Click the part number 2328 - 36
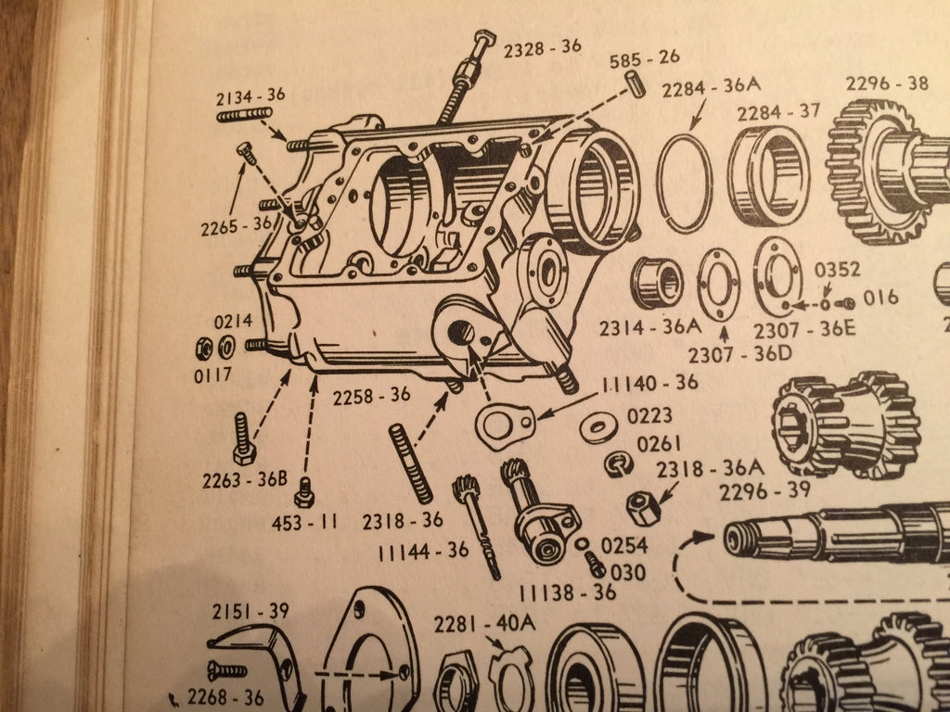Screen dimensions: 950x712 click(542, 48)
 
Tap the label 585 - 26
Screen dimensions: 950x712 click(645, 58)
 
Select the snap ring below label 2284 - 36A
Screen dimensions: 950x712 click(684, 183)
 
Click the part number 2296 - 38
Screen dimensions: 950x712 click(887, 83)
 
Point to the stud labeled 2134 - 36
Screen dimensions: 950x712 click(244, 114)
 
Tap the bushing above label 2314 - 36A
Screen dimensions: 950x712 click(657, 283)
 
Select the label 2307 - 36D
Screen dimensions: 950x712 click(739, 353)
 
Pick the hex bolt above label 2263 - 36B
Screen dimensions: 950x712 click(244, 439)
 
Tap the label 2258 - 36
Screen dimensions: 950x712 click(371, 396)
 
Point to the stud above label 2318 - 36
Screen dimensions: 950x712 click(411, 464)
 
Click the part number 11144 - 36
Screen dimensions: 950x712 click(423, 551)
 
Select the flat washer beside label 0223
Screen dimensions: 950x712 click(598, 426)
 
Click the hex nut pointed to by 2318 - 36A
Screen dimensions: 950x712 click(643, 508)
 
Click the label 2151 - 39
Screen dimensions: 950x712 click(250, 612)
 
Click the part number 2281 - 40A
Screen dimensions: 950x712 click(484, 624)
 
